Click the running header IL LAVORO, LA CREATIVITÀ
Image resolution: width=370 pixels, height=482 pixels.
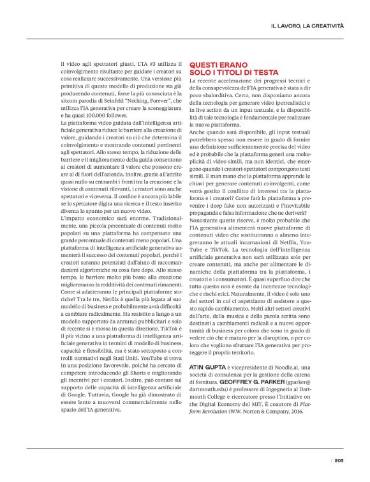coord(307,26)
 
